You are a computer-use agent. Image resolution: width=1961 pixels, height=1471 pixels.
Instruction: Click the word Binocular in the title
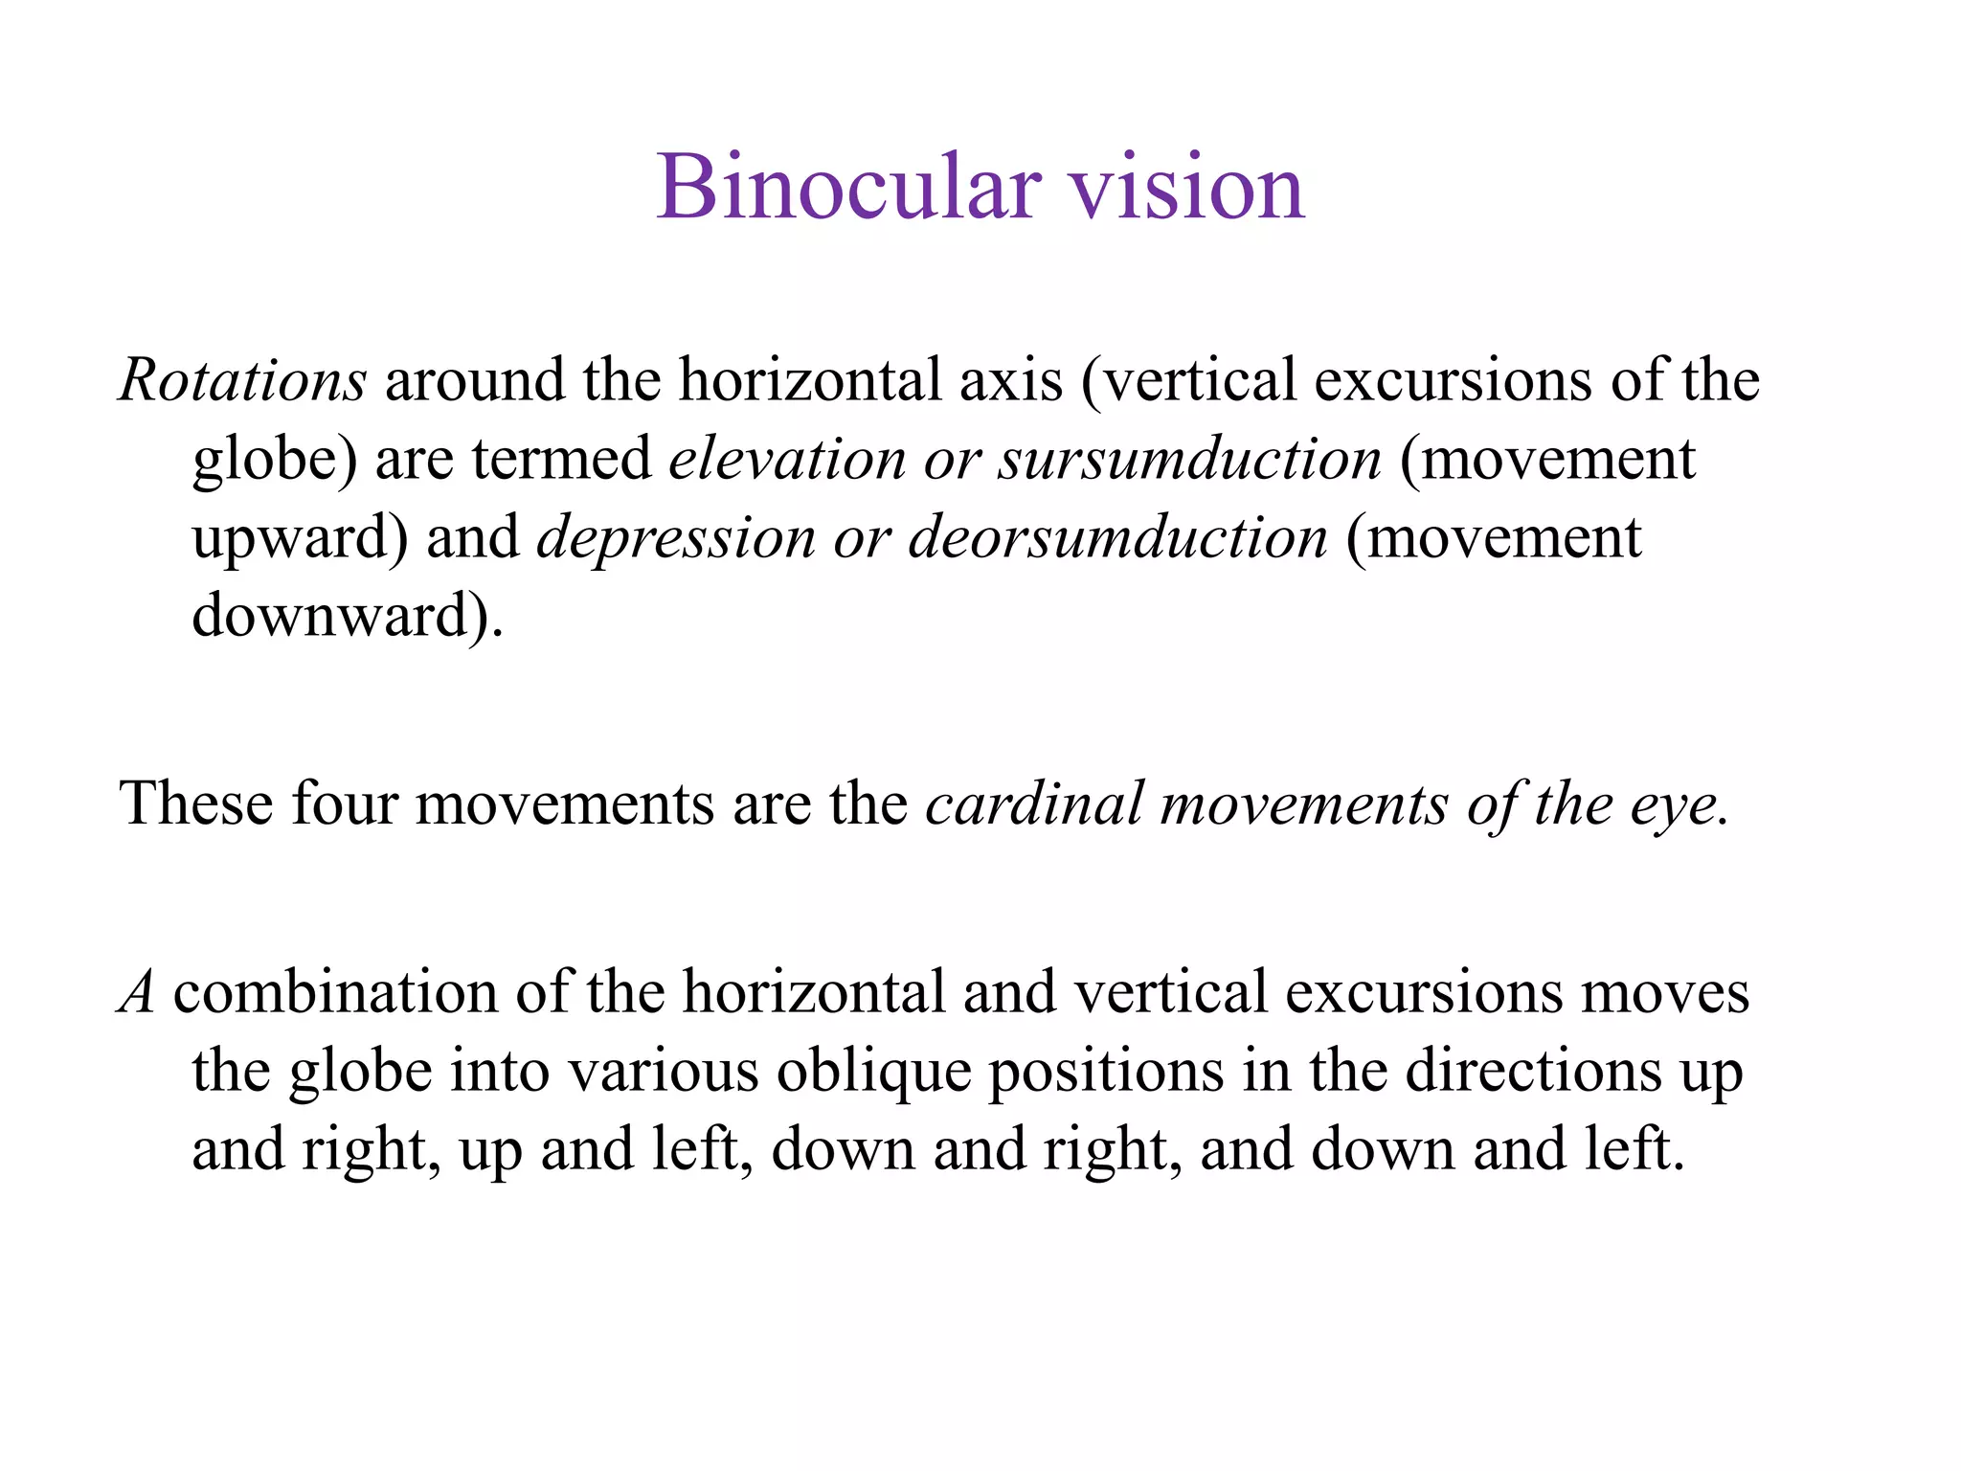848,188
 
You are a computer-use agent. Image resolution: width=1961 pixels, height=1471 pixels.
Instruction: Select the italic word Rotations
242,380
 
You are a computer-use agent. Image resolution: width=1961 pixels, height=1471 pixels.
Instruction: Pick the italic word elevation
786,459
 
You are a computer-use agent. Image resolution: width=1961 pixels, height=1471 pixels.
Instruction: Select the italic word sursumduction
1189,459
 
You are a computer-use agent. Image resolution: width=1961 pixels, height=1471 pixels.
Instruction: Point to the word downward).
347,616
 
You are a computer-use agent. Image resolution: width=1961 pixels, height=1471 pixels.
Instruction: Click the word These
195,803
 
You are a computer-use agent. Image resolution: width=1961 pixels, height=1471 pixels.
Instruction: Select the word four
344,803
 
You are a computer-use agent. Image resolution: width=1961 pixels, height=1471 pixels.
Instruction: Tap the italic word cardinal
1033,804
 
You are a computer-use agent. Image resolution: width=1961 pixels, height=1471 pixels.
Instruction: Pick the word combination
334,992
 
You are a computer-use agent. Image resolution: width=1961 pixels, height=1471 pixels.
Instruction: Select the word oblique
872,1072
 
